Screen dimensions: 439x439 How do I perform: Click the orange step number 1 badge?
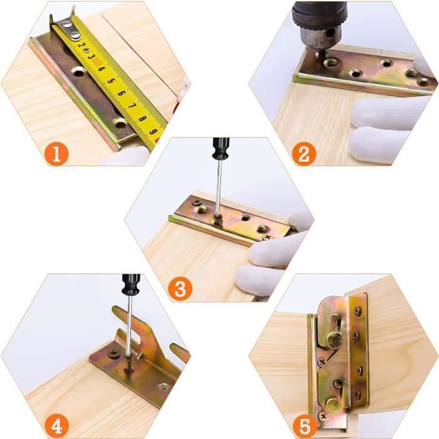coord(56,154)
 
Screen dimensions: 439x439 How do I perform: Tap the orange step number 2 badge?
coord(304,154)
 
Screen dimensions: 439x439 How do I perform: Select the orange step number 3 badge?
coord(181,288)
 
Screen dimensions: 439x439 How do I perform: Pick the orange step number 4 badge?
coord(56,426)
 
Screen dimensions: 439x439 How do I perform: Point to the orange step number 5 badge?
coord(305,426)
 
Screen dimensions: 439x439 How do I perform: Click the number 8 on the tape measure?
coord(142,118)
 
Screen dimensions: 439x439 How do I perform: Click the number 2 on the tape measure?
coord(82,45)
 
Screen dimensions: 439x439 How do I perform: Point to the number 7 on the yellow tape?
coord(132,106)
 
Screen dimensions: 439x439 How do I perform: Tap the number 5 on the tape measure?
coord(111,81)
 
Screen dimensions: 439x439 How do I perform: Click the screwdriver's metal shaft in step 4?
coord(129,326)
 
